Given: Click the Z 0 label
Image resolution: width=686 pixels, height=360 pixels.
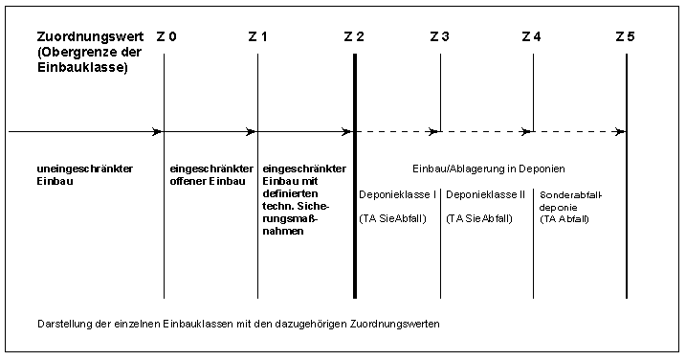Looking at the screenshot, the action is click(166, 36).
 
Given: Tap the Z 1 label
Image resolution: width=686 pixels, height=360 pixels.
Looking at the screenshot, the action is click(257, 36).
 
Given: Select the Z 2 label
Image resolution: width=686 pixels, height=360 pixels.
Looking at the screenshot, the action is click(354, 36).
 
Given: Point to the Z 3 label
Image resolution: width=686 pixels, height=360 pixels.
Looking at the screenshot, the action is click(440, 36).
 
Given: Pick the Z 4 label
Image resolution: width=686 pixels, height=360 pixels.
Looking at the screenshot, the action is click(532, 36).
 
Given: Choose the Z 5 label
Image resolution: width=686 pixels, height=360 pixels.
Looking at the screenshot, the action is click(625, 36).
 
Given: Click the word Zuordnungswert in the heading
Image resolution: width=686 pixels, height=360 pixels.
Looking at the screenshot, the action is click(90, 36).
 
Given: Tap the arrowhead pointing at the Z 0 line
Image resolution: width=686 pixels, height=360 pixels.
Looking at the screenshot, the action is click(157, 131).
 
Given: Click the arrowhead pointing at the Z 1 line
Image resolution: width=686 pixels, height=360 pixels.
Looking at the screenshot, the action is click(251, 131).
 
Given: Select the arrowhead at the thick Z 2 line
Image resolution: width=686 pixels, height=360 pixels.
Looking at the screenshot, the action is click(346, 131).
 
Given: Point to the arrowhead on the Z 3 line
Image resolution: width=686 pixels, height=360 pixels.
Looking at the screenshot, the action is click(434, 131).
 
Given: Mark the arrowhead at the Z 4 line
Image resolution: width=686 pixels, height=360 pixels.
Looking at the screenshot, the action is click(526, 131).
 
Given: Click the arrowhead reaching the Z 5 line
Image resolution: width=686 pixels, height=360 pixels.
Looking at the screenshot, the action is click(619, 131).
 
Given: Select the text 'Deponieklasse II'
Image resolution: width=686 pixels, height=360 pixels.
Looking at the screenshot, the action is click(485, 195).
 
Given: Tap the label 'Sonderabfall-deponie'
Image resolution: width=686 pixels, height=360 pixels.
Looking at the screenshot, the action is click(570, 201).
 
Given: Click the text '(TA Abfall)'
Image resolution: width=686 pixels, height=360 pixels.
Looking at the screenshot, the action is click(564, 219).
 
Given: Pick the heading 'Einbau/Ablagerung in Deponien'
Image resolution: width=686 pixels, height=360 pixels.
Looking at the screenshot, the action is click(489, 169).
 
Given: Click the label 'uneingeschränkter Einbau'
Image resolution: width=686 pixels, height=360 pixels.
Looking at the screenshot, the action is click(85, 175).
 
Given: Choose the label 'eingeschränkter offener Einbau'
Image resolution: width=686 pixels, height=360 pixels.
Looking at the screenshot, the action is click(211, 175).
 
